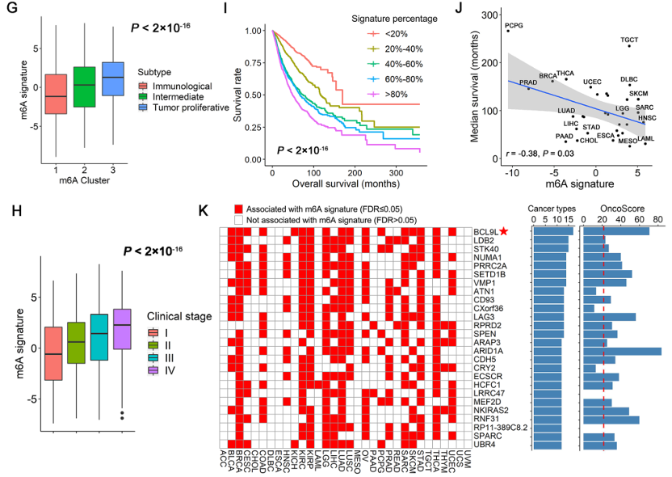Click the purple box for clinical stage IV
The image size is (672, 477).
click(x=123, y=329)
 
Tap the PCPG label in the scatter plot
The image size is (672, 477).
click(x=514, y=25)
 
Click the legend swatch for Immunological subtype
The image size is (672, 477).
click(x=143, y=86)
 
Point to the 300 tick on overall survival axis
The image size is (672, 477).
click(x=395, y=173)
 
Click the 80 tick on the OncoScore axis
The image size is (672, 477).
click(x=657, y=218)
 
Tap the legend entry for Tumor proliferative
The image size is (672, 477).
click(x=191, y=109)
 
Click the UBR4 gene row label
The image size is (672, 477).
click(x=485, y=445)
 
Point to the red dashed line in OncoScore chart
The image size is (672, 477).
click(x=604, y=340)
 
